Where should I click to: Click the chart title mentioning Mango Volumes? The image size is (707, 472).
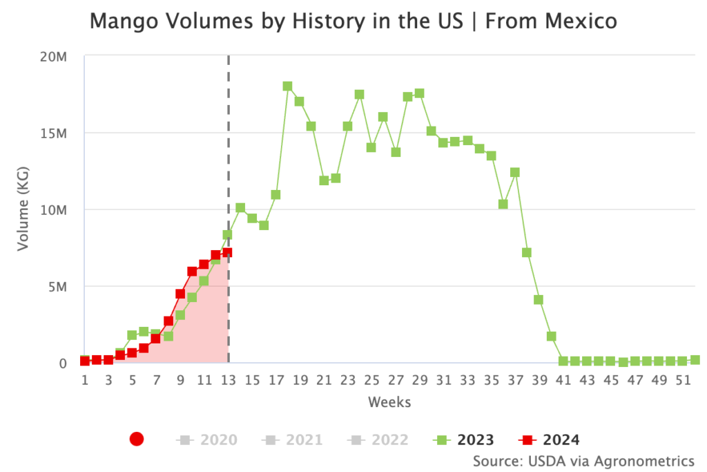[353, 22]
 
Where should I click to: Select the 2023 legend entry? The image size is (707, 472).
[464, 439]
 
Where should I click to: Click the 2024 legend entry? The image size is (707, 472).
[550, 439]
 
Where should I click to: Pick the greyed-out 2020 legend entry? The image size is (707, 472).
[207, 439]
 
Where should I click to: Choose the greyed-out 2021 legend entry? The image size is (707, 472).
[293, 439]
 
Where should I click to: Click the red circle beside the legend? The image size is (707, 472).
[137, 439]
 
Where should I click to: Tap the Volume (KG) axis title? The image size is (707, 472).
[23, 209]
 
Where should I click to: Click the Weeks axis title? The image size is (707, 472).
[389, 402]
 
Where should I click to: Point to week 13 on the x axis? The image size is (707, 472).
[229, 380]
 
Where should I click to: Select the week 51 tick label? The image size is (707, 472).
[683, 380]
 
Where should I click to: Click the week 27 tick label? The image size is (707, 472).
[396, 380]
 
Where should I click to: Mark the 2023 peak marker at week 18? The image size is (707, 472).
[287, 86]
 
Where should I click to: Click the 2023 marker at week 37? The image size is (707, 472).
[515, 172]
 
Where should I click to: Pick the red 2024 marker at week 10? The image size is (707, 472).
[192, 272]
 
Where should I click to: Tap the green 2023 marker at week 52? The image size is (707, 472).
[695, 360]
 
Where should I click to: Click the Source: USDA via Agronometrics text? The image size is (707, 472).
[583, 460]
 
